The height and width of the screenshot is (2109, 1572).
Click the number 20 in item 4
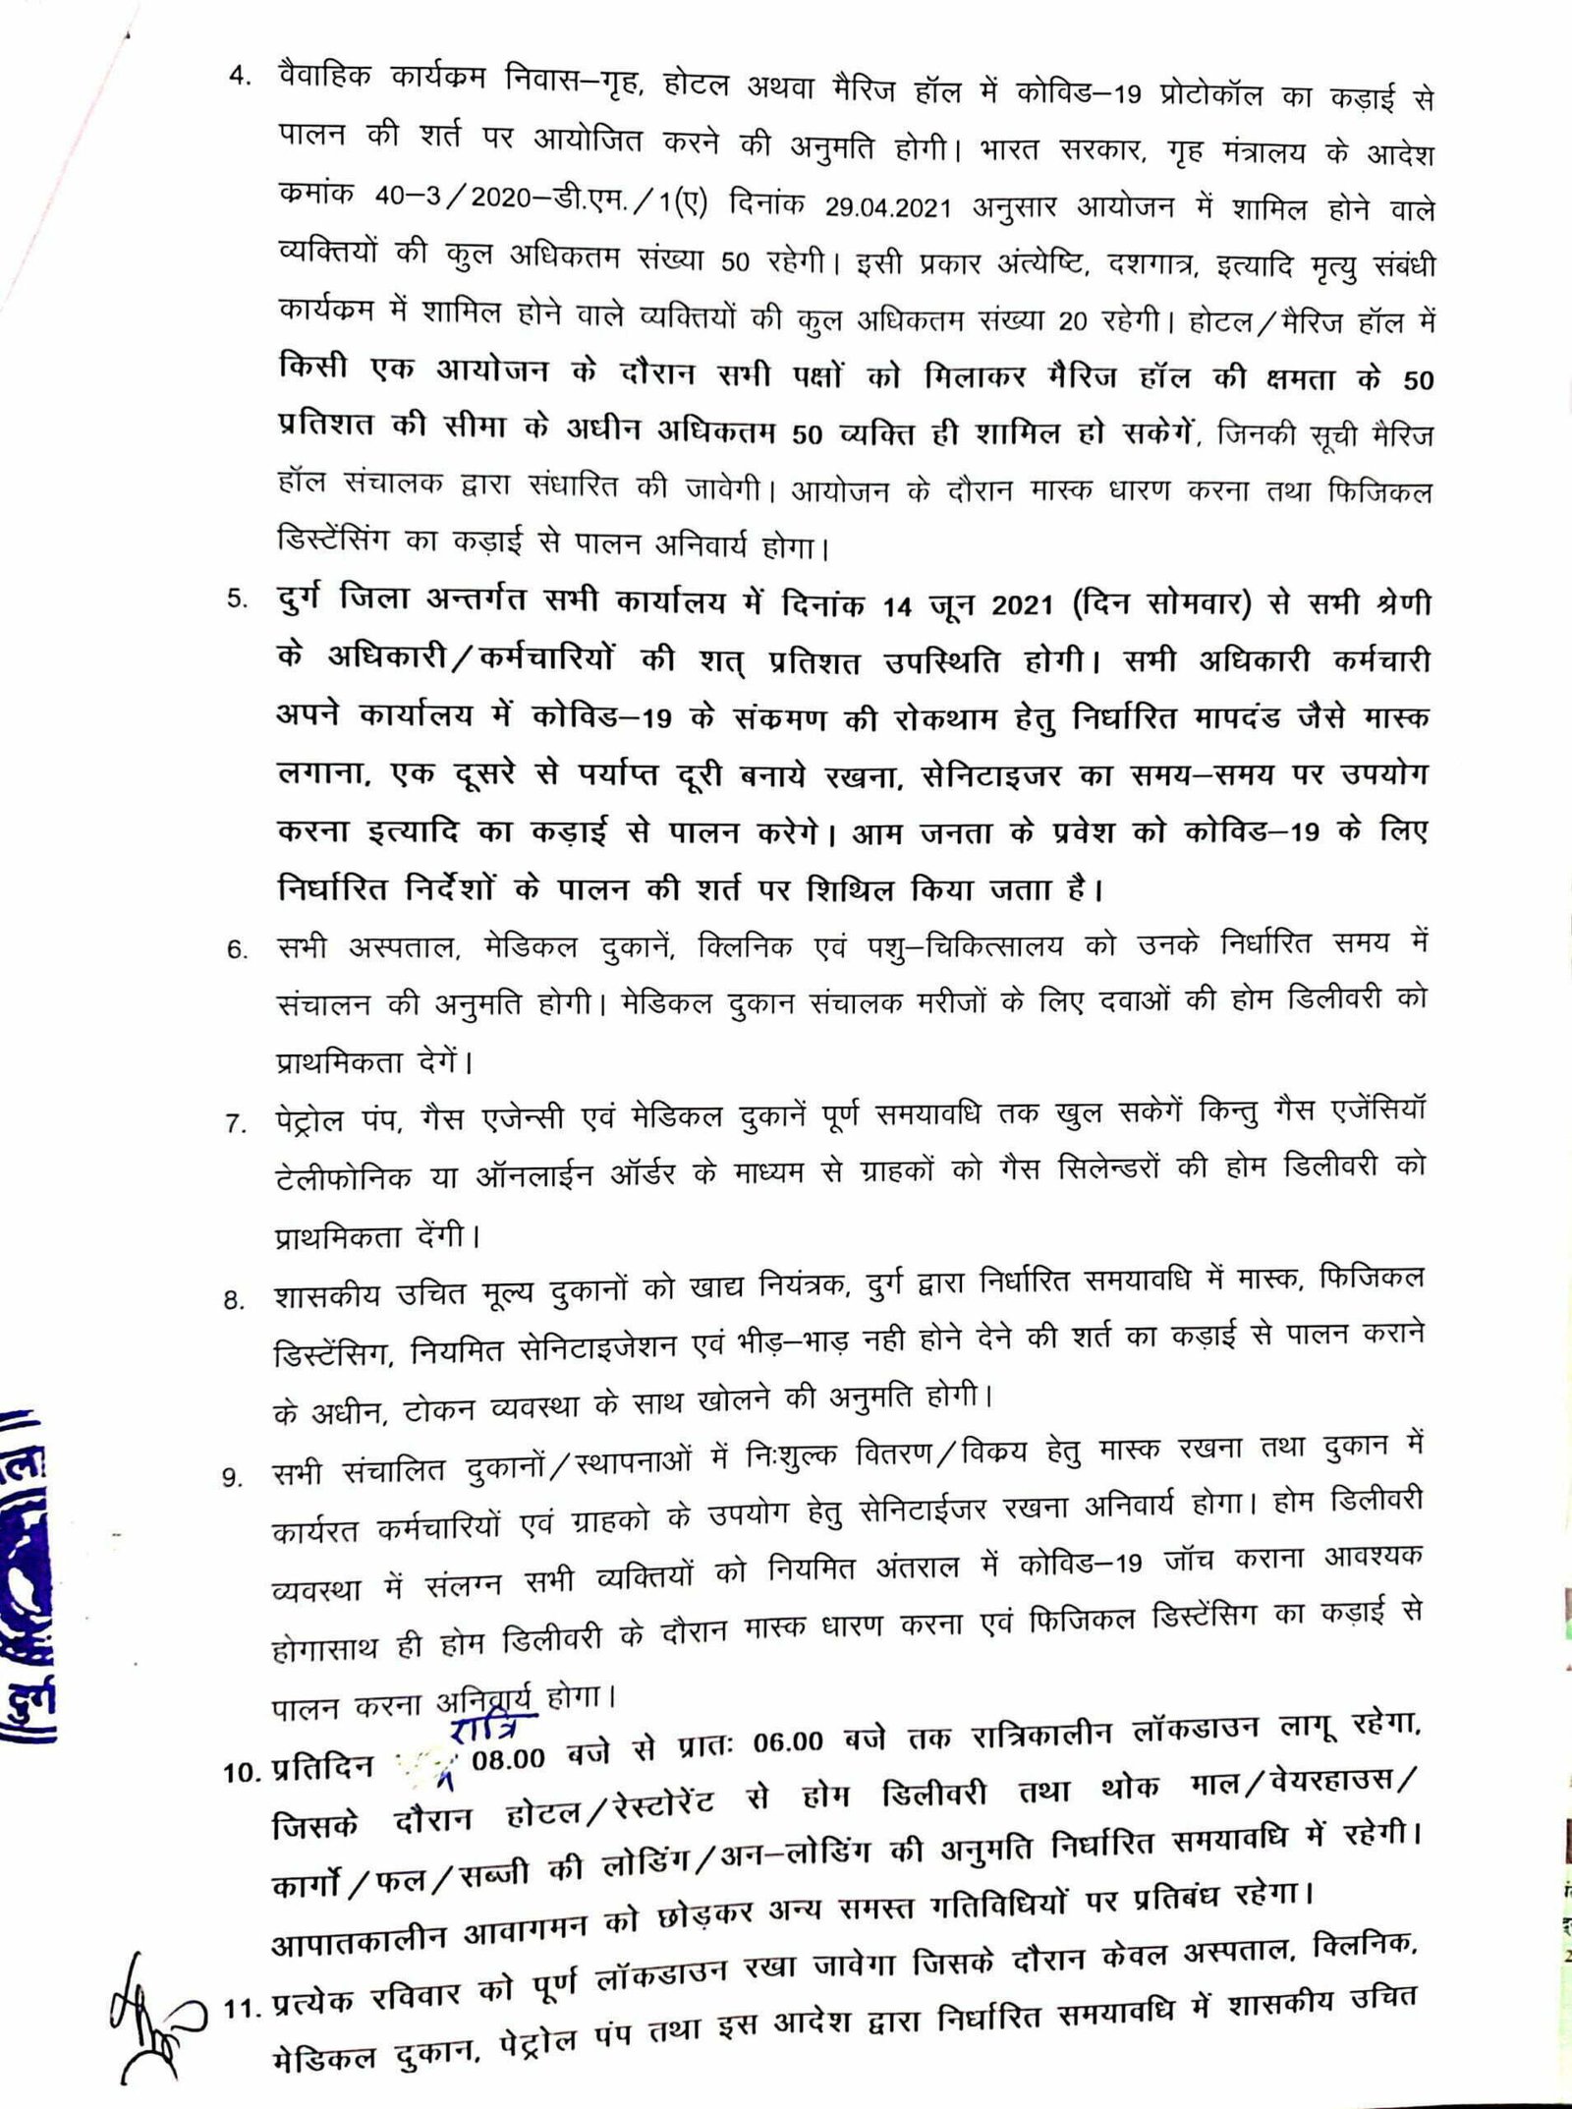tap(1077, 321)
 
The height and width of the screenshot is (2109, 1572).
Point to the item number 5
tap(239, 599)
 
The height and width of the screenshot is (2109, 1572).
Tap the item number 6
tap(237, 950)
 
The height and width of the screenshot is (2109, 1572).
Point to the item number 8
tap(234, 1299)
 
